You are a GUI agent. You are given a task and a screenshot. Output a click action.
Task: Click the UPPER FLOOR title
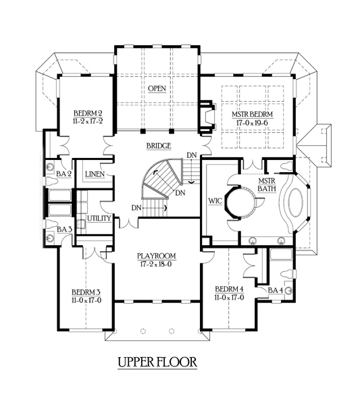[157, 362]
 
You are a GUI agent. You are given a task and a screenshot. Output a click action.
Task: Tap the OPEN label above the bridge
[157, 88]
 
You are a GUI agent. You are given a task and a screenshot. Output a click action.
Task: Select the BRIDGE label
[159, 146]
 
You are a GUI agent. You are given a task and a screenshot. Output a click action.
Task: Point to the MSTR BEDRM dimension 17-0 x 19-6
[252, 123]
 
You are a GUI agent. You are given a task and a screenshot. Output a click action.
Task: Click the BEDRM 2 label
[88, 113]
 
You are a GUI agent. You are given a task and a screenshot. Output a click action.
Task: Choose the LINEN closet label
[95, 174]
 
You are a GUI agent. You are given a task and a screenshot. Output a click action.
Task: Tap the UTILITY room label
[99, 219]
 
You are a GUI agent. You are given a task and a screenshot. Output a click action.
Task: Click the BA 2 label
[63, 174]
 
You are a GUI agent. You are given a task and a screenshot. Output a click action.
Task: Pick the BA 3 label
[64, 229]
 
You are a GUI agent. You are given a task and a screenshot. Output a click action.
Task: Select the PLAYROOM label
[156, 256]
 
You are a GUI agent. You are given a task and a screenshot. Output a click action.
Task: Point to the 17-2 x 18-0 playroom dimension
[156, 264]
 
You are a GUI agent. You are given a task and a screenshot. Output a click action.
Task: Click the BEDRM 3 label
[86, 292]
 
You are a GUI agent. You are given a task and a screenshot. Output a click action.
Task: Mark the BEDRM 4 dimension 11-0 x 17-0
[229, 298]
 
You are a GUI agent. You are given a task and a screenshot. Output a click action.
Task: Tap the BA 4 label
[276, 290]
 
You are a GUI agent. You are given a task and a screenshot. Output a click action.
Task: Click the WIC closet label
[215, 201]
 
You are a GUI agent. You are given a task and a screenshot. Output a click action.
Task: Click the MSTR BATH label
[267, 185]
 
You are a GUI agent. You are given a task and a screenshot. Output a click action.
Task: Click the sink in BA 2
[49, 167]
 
